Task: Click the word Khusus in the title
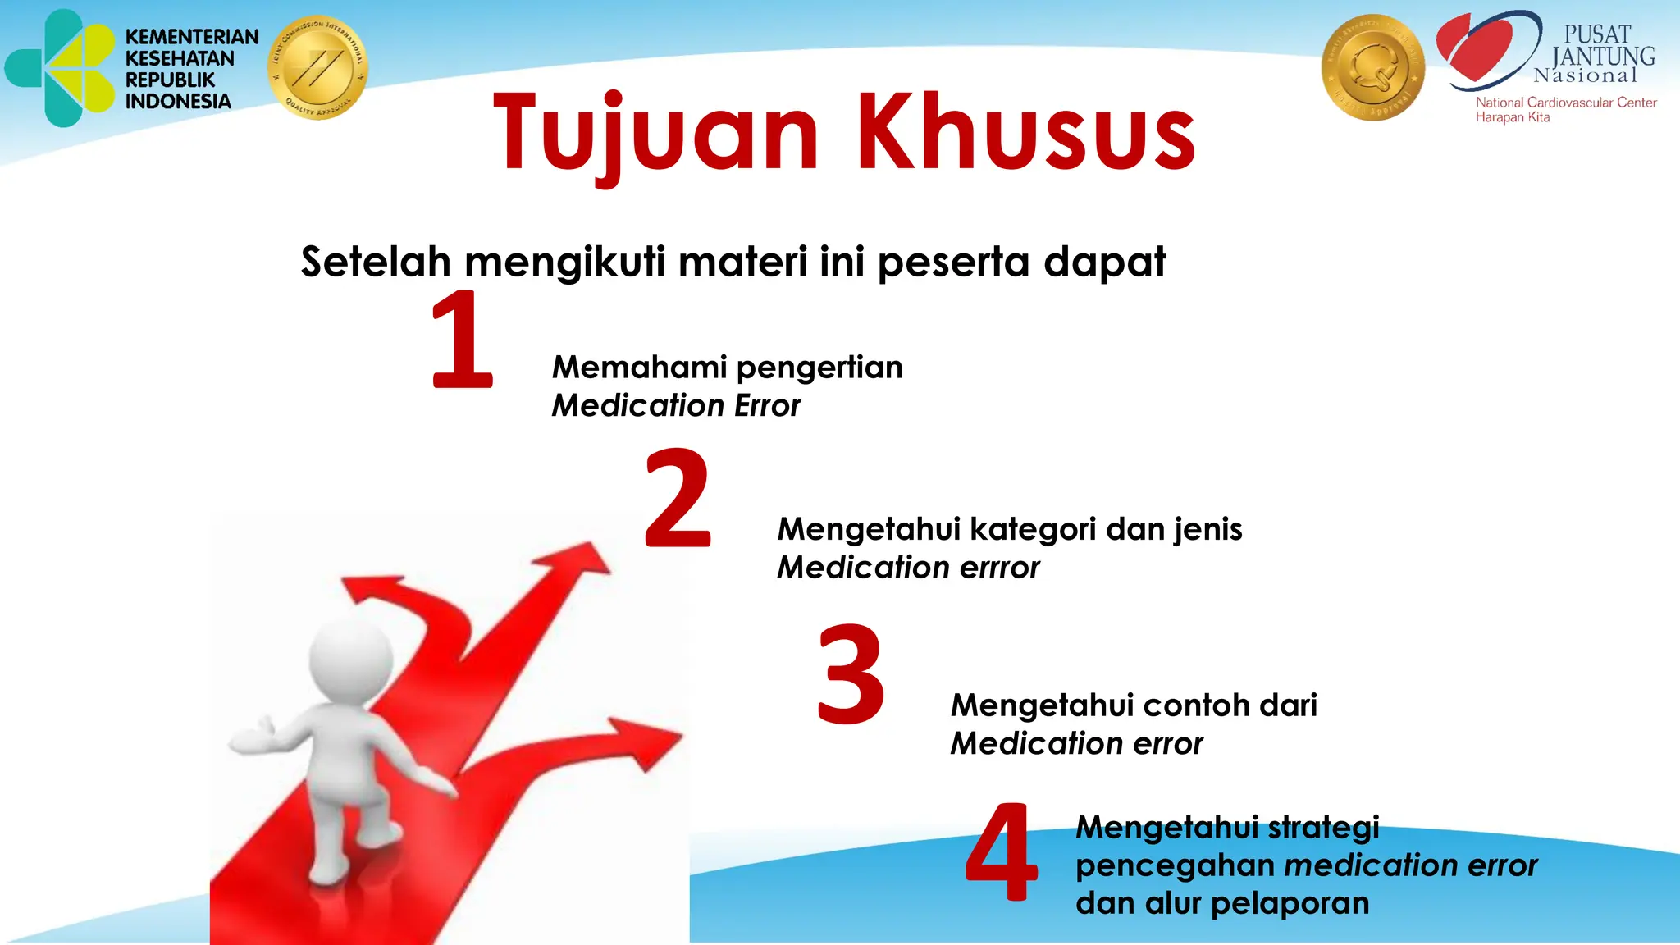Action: click(1025, 133)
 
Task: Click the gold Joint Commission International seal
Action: click(317, 67)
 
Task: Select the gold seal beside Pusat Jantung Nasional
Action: click(1372, 68)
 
